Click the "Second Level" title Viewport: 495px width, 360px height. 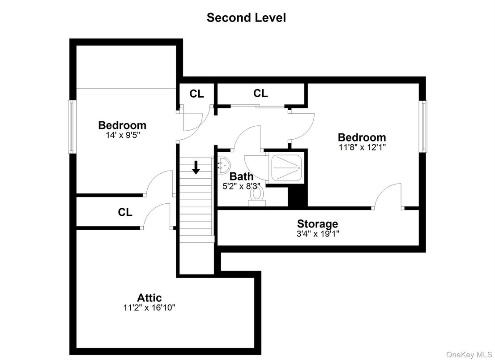(246, 18)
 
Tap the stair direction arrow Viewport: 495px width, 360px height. (196, 167)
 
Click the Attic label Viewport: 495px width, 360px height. (149, 297)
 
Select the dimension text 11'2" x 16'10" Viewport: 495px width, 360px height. (149, 308)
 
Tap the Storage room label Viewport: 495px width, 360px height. (318, 223)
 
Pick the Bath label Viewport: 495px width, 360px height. (241, 176)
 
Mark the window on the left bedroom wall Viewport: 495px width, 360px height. (70, 126)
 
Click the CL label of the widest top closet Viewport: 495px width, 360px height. (260, 93)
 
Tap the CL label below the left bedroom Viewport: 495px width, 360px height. (125, 212)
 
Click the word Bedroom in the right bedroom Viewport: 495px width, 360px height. (362, 137)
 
